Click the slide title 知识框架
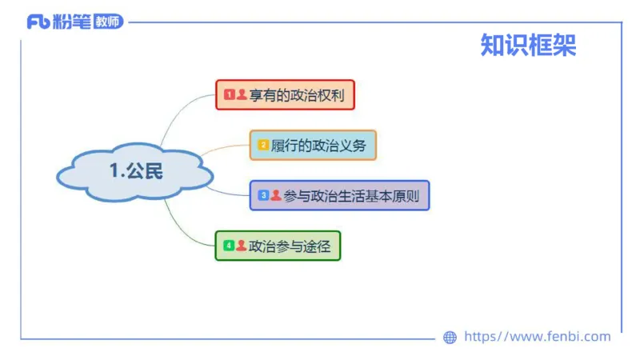[x=528, y=46]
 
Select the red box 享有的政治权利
[x=284, y=94]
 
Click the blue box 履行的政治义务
[x=312, y=145]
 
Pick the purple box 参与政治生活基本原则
[x=339, y=195]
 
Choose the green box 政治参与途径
[x=278, y=246]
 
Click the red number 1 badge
[x=228, y=94]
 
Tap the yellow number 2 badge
[x=262, y=145]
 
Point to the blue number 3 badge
[x=262, y=195]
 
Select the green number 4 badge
[x=228, y=246]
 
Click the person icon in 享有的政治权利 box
[x=241, y=94]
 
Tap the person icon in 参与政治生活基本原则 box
[x=275, y=195]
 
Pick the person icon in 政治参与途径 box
[x=241, y=246]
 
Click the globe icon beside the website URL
[x=450, y=338]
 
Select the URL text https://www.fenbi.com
[x=537, y=337]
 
